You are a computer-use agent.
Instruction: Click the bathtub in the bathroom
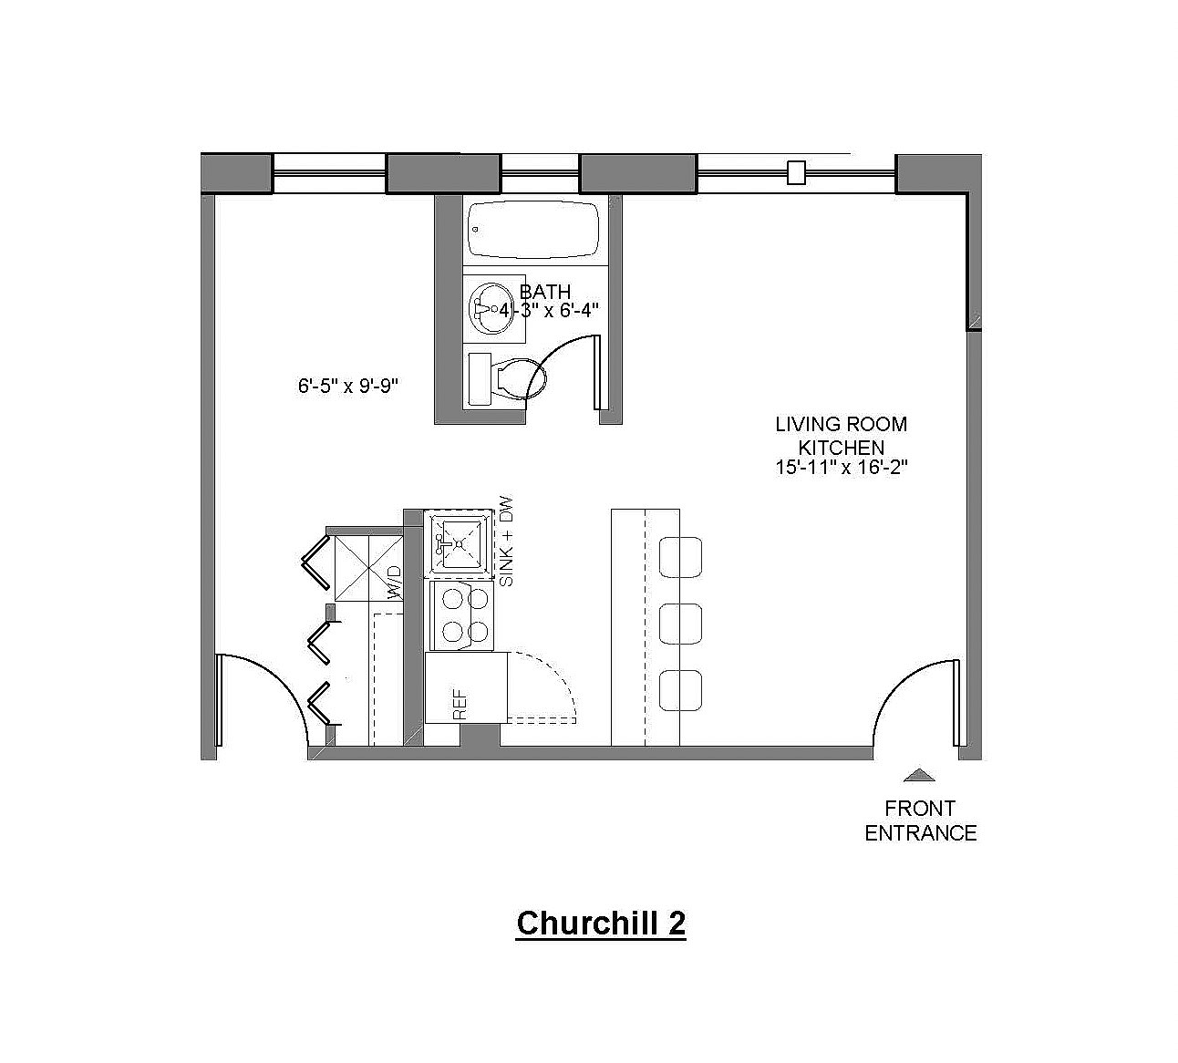(533, 231)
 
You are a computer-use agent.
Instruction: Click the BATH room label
(545, 292)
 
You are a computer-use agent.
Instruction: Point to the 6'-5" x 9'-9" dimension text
(348, 386)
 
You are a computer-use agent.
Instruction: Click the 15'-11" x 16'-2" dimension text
(842, 468)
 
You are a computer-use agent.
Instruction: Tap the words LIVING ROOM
(841, 424)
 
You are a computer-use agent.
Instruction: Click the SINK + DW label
(506, 542)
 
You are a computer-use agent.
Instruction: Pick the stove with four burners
(461, 615)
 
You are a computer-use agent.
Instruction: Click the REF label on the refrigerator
(460, 704)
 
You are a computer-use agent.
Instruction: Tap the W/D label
(395, 583)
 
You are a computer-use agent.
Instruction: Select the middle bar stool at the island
(680, 624)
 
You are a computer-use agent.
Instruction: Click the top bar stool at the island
(680, 557)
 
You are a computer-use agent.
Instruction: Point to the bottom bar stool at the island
(680, 691)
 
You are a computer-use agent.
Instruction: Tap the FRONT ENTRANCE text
(920, 820)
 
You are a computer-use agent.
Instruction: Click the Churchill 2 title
(601, 923)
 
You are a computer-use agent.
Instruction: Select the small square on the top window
(796, 172)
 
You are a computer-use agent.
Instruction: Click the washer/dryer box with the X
(368, 568)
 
